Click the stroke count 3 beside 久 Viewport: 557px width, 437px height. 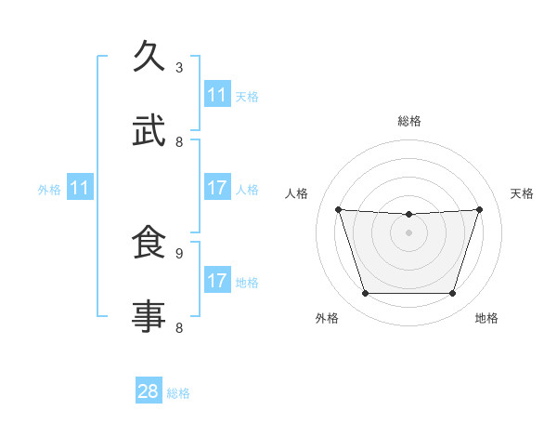coord(179,67)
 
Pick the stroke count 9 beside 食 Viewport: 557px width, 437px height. coord(179,252)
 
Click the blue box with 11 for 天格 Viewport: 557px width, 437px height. coord(216,95)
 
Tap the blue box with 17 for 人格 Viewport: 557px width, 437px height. coord(216,188)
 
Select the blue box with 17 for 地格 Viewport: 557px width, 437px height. coord(216,281)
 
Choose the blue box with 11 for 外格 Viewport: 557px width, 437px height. coord(80,188)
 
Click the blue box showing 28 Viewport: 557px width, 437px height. coord(149,391)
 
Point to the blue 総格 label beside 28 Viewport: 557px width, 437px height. coord(178,393)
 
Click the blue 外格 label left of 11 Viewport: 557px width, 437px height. coord(49,189)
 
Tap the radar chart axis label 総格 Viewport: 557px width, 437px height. coord(408,121)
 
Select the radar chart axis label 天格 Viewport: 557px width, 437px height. coord(522,193)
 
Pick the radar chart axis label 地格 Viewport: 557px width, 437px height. coord(486,319)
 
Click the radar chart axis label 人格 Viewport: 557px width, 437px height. coord(297,193)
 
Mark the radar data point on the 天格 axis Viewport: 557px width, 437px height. coord(479,209)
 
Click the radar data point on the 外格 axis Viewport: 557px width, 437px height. coord(365,294)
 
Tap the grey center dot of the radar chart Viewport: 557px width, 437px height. coord(408,232)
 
